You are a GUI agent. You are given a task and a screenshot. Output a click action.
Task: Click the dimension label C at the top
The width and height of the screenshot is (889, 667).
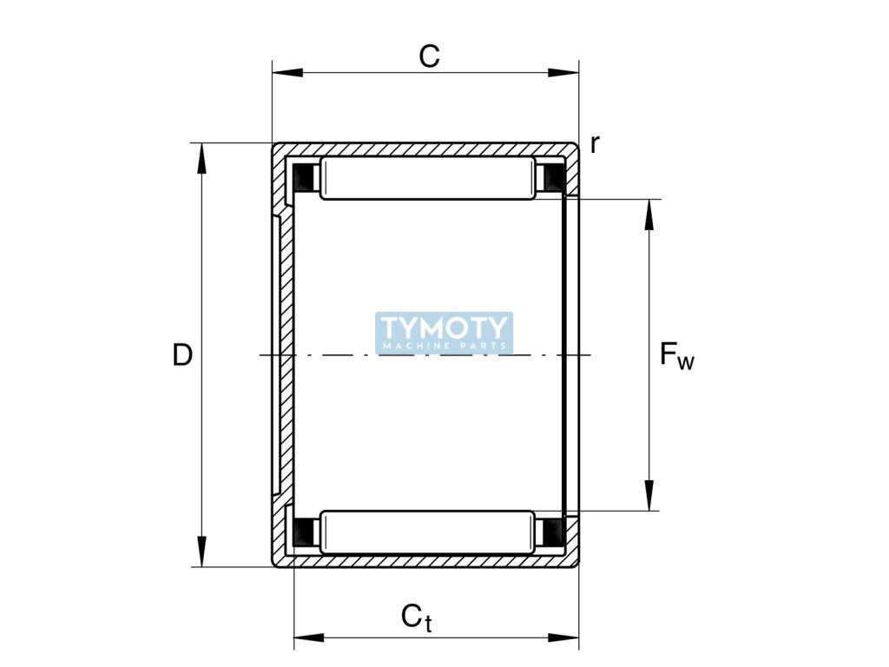[x=430, y=56]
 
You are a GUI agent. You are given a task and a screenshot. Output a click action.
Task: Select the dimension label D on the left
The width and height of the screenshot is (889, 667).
[x=181, y=354]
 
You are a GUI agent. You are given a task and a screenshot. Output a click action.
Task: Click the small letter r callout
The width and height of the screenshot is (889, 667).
[x=595, y=144]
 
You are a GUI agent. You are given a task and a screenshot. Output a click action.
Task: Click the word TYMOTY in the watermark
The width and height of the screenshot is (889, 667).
[x=444, y=327]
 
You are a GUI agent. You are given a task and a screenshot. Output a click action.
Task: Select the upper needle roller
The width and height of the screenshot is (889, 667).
[x=428, y=178]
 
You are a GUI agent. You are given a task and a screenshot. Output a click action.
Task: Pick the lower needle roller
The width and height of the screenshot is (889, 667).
[x=428, y=532]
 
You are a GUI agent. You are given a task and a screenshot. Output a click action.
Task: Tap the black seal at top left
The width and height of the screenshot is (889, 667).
[x=304, y=177]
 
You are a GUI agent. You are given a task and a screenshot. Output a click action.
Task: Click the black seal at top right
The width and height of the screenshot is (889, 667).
[x=552, y=178]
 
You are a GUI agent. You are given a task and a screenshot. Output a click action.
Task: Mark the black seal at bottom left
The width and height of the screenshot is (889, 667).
[x=304, y=531]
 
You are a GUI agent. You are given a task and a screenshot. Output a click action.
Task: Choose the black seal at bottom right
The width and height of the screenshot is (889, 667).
[x=552, y=531]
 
